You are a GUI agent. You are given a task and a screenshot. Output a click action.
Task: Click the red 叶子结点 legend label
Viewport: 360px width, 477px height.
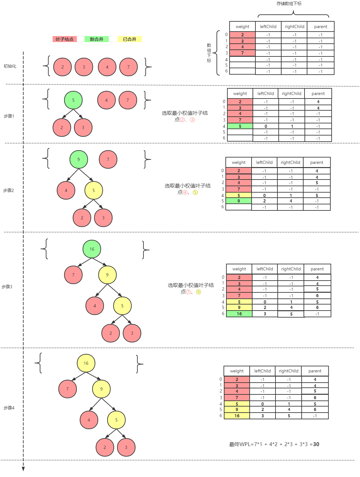point(64,39)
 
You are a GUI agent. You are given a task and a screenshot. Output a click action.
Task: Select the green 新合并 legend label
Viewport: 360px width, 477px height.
point(96,39)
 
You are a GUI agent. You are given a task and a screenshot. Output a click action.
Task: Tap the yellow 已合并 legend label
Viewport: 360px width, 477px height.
point(129,39)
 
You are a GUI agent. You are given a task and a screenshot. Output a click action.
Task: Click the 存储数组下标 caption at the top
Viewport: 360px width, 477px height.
point(289,4)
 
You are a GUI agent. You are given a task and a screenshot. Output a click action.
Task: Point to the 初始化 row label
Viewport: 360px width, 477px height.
point(10,66)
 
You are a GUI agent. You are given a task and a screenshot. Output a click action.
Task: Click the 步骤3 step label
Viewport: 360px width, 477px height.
point(7,287)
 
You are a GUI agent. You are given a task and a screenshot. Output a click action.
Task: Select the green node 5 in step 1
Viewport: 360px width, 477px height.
point(73,100)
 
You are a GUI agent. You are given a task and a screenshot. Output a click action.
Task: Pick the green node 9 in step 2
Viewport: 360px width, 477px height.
point(79,159)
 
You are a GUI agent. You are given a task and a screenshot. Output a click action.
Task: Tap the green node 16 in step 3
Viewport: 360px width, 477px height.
point(92,249)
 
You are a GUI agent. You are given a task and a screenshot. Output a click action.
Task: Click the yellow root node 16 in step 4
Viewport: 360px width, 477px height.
point(86,363)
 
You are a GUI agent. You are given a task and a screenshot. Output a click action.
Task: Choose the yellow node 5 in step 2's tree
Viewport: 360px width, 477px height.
point(94,190)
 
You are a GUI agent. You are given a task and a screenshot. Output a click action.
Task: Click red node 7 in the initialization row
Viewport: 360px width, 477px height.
point(129,67)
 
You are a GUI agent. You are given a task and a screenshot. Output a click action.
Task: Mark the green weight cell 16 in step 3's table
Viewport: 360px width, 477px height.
point(239,314)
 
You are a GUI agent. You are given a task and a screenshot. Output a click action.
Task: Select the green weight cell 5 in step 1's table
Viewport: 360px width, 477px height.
point(240,126)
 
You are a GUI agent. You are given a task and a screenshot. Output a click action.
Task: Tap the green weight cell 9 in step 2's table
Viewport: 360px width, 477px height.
point(239,201)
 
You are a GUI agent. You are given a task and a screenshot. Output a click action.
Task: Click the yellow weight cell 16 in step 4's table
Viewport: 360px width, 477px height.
point(237,416)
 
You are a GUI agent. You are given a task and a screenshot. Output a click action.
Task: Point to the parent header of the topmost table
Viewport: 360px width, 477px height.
point(320,27)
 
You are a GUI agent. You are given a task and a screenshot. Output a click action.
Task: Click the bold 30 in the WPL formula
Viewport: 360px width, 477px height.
point(316,444)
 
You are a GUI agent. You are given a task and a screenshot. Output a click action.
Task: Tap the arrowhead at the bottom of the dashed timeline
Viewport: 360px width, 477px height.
point(23,469)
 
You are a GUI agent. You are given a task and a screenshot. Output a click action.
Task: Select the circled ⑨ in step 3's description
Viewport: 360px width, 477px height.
point(198,292)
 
